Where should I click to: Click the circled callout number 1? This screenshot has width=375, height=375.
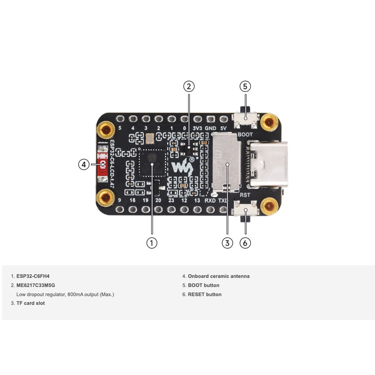152,243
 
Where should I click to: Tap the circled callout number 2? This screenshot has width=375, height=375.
189,86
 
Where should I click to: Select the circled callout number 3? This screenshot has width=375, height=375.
227,243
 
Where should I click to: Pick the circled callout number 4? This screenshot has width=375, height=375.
84,165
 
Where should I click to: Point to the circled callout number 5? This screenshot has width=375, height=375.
245,86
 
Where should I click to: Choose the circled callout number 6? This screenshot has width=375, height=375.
245,243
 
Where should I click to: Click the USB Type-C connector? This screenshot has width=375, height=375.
268,164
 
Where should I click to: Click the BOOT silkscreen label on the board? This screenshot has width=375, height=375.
245,135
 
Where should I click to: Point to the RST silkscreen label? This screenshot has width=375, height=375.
245,195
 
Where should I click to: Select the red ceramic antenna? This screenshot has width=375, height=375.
102,165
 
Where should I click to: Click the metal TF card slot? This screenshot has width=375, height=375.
226,162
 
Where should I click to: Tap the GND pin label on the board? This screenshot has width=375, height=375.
210,128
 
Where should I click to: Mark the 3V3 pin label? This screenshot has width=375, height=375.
197,128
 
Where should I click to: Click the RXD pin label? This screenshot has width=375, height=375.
210,200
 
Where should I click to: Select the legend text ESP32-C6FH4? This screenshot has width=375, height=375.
33,276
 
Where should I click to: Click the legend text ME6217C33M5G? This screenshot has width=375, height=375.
36,285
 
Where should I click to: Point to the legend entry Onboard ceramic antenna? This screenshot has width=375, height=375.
219,276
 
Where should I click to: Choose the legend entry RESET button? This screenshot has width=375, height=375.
205,295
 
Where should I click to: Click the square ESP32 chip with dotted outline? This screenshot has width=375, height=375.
152,163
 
